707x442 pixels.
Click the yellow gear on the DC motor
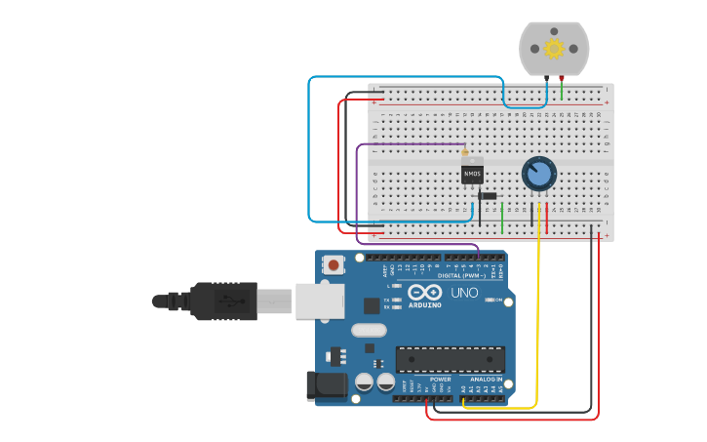[554, 49]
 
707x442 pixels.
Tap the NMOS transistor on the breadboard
[472, 174]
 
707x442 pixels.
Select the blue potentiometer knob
[538, 174]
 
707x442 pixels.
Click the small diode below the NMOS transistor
[488, 196]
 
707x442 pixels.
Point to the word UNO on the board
[464, 293]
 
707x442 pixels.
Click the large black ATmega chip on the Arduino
[450, 359]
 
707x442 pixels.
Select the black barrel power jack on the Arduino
[326, 385]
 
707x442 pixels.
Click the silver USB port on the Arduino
[319, 301]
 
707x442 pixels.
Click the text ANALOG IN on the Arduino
[486, 379]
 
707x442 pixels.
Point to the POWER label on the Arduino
[441, 379]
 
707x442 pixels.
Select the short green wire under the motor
[562, 91]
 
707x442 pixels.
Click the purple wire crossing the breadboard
[410, 144]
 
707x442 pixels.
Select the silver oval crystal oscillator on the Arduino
[370, 330]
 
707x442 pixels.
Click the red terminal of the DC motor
[562, 77]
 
